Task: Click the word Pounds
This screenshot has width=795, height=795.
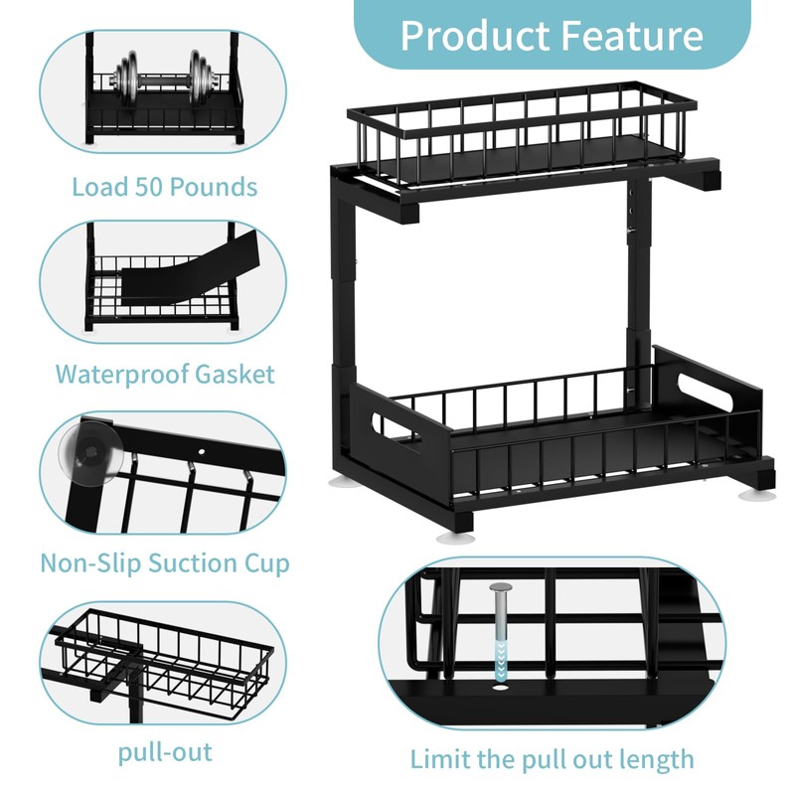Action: click(x=214, y=187)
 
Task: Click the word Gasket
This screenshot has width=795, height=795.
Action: click(x=233, y=375)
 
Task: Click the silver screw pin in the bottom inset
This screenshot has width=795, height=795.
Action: click(x=498, y=609)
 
